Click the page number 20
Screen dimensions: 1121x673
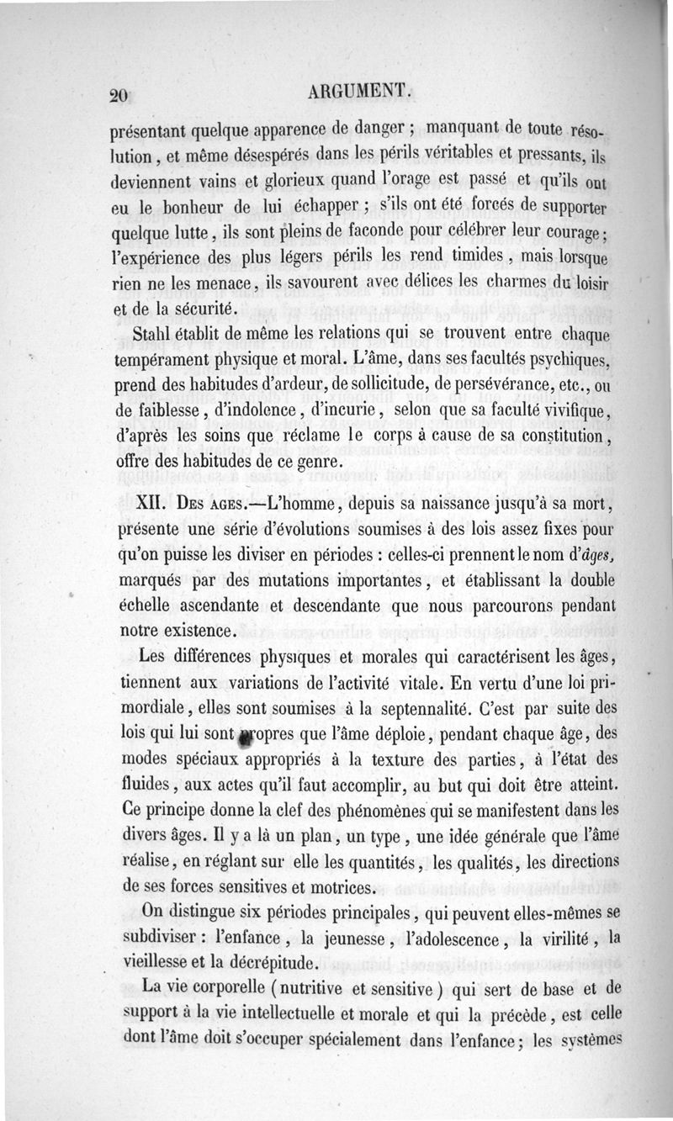coord(118,96)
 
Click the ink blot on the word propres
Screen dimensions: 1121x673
coord(246,735)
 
